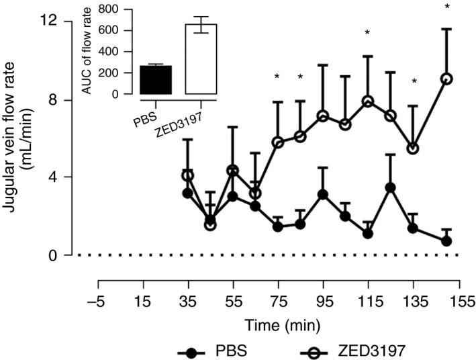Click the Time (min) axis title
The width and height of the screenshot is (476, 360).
(x=279, y=323)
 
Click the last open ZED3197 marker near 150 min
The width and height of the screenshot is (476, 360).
(x=446, y=79)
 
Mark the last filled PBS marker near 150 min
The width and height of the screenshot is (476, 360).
(x=446, y=241)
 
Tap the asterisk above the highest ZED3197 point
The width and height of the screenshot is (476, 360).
(x=446, y=7)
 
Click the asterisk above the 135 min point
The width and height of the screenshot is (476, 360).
(x=414, y=82)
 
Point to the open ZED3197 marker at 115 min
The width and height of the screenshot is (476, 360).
(x=367, y=101)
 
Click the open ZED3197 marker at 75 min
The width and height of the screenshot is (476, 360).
(x=278, y=142)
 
